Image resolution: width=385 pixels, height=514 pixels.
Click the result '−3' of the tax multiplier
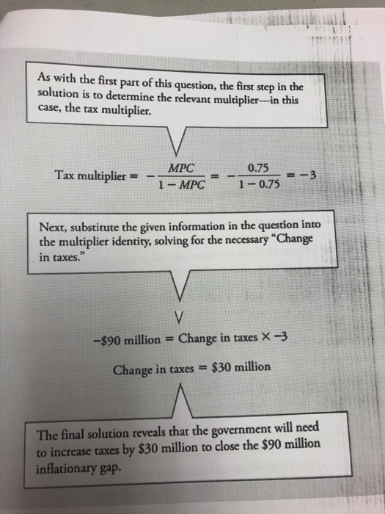tap(312, 175)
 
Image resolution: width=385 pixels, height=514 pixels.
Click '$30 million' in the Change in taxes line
tap(241, 366)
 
